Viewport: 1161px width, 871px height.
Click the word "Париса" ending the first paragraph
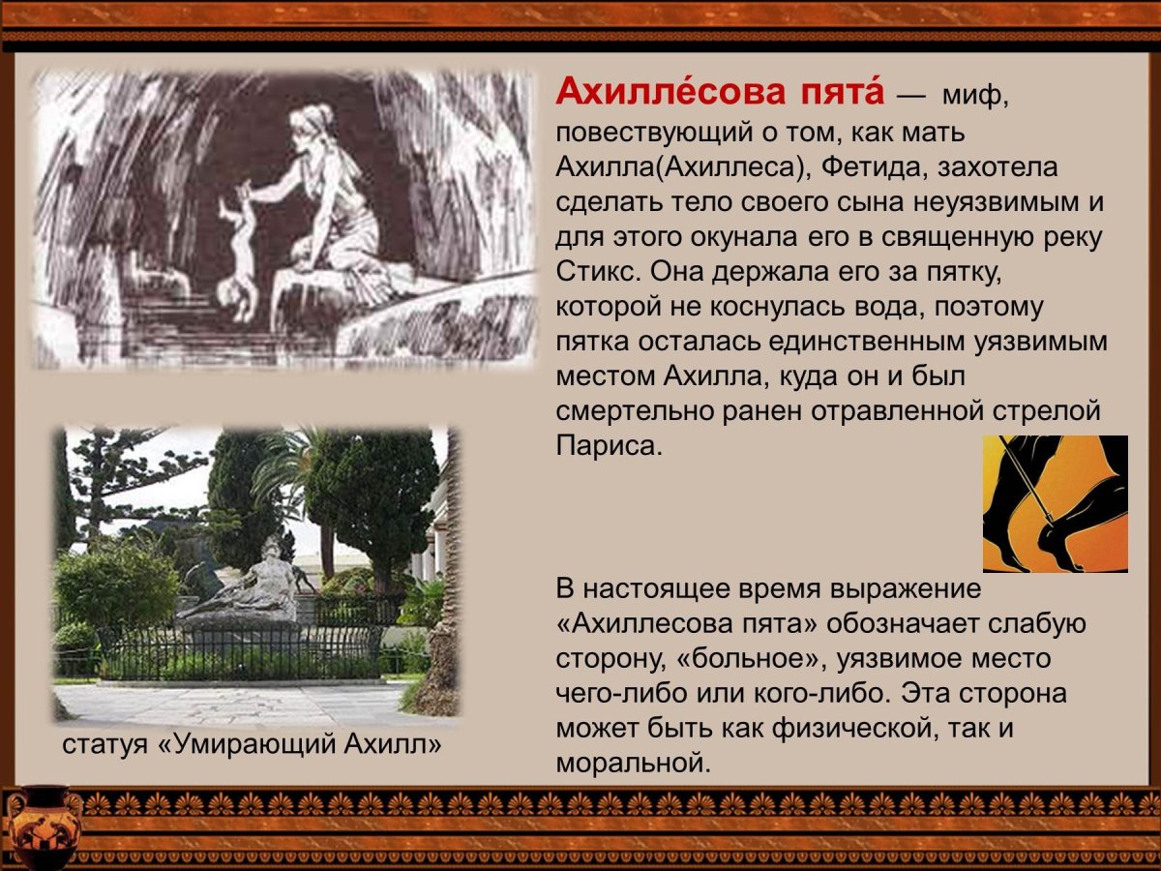(607, 446)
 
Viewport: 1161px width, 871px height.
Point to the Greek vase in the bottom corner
(41, 825)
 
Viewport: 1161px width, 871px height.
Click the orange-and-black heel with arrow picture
(1055, 503)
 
